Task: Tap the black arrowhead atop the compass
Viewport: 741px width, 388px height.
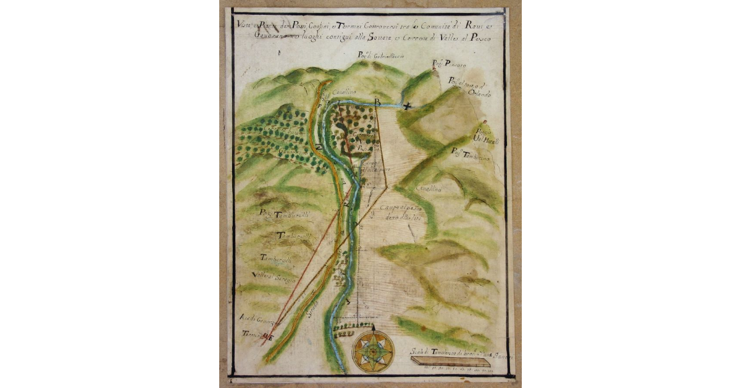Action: [x=373, y=326]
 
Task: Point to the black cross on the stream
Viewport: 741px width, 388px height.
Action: [x=406, y=107]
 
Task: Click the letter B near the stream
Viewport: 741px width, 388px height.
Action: [x=377, y=102]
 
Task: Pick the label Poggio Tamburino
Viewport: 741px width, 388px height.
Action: [x=470, y=154]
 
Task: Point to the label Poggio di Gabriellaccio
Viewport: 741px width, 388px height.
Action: [x=381, y=56]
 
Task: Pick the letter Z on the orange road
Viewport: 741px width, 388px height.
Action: [x=319, y=146]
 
